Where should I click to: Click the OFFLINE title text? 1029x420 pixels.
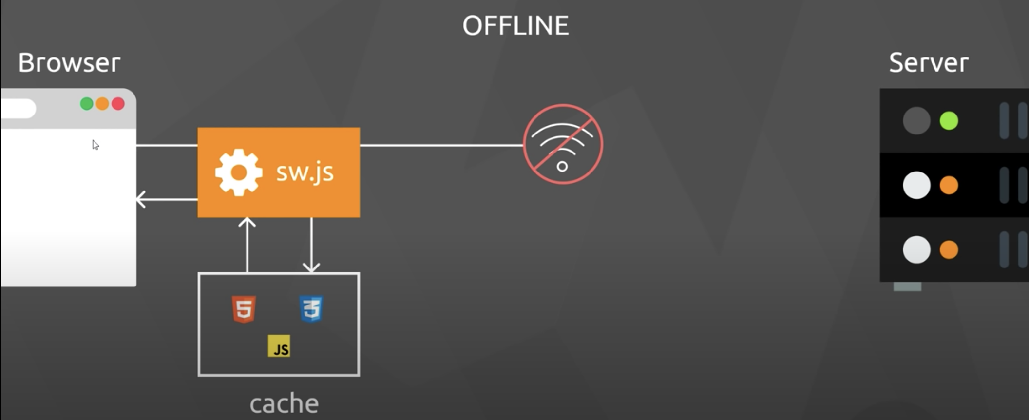point(515,26)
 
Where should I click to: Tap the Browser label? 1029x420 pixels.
point(69,63)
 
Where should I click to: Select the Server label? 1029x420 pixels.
point(929,63)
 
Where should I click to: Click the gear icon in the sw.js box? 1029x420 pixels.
point(238,172)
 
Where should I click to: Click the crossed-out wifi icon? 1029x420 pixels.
point(563,144)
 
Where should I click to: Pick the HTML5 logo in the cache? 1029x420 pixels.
point(244,309)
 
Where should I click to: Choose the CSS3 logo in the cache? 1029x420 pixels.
point(311,309)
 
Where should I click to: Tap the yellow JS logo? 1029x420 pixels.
point(279,346)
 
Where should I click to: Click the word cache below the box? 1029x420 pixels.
point(284,404)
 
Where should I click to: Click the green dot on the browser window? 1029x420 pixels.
point(87,104)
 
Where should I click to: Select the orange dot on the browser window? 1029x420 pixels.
point(102,104)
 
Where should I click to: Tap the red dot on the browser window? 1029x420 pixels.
point(118,104)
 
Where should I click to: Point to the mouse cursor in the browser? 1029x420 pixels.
point(95,145)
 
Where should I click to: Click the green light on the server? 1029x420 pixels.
point(949,121)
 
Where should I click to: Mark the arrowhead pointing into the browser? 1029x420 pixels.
point(140,199)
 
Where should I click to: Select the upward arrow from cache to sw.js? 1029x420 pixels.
point(247,244)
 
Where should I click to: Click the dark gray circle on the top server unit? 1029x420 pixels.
point(916,121)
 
